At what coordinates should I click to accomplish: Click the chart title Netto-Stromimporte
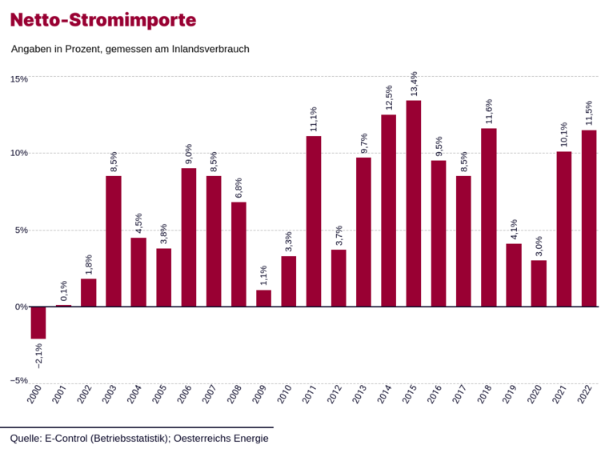tap(103, 18)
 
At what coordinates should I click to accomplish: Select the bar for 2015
tap(414, 203)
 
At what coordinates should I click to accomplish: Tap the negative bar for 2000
tap(38, 323)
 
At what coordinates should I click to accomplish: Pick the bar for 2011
tap(314, 221)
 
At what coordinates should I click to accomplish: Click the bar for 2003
tap(114, 241)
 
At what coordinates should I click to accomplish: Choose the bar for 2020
tap(539, 283)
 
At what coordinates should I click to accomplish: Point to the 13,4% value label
tap(414, 84)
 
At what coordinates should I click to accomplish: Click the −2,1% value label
tap(38, 354)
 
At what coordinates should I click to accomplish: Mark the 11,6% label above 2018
tap(489, 112)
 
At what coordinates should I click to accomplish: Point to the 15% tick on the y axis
tap(18, 79)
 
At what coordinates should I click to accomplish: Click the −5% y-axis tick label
tap(18, 380)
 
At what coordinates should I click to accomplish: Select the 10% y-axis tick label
tap(18, 153)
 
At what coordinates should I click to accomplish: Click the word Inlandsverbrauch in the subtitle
tap(210, 49)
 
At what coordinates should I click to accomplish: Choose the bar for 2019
tap(514, 275)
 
